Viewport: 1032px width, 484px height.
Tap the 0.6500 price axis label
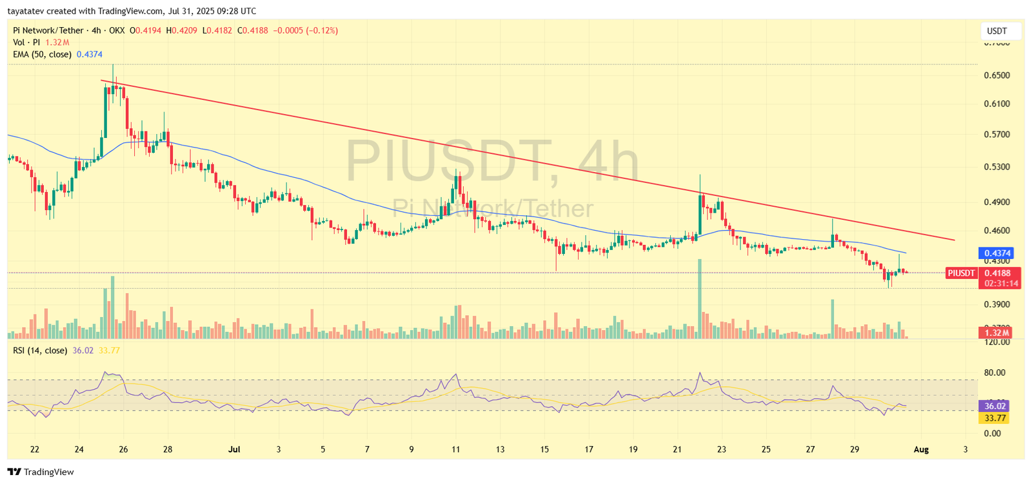click(997, 75)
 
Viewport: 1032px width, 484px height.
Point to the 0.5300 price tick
click(997, 167)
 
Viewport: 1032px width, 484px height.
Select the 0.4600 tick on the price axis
click(997, 231)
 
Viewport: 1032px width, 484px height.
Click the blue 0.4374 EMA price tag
click(997, 253)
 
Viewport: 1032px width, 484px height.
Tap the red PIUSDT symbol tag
click(960, 273)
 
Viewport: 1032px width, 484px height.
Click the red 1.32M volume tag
click(997, 333)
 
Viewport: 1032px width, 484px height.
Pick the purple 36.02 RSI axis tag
click(995, 406)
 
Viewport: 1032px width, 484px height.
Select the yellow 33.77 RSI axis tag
click(995, 418)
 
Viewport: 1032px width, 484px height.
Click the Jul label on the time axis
click(234, 449)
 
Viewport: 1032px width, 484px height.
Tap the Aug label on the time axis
click(921, 449)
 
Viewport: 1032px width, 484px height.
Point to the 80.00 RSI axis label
click(995, 373)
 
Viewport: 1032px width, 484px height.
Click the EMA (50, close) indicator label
click(43, 55)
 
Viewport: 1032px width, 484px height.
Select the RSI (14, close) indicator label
click(40, 351)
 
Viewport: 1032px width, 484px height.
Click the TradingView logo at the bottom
click(41, 472)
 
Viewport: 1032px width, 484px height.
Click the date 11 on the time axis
click(456, 449)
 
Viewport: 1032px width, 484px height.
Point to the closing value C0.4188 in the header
click(253, 30)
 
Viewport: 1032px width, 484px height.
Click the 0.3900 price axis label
click(997, 304)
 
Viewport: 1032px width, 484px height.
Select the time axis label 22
click(35, 449)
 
